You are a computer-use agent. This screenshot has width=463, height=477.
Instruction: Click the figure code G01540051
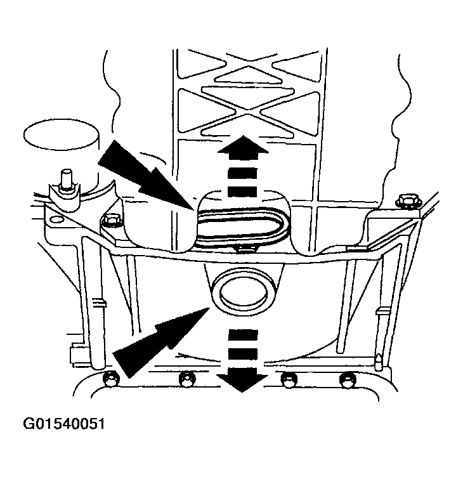click(x=64, y=424)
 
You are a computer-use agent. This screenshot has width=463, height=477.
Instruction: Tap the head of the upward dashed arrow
click(x=244, y=147)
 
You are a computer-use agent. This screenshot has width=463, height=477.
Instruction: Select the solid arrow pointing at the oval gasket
click(x=146, y=175)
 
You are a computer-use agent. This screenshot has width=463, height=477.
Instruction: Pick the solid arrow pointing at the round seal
click(x=161, y=343)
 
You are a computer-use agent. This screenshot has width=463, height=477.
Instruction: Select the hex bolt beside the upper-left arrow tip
click(x=111, y=220)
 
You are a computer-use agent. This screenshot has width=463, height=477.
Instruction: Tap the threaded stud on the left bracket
click(x=67, y=180)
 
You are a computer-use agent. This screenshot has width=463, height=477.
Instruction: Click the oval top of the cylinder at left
click(x=61, y=134)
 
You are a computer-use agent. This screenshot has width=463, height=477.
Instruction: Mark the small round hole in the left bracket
click(x=55, y=219)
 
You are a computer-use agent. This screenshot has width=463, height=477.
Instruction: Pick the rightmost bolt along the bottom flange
click(x=347, y=380)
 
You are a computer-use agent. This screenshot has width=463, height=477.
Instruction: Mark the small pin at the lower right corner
click(x=379, y=362)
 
